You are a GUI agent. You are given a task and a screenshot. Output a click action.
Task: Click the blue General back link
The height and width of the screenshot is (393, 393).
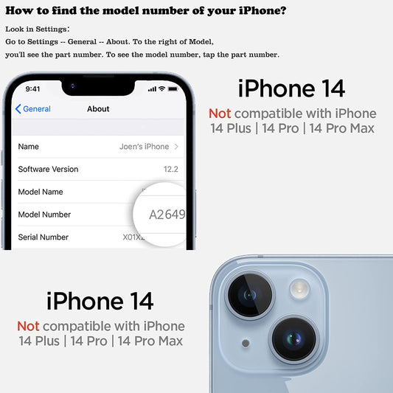tap(33, 109)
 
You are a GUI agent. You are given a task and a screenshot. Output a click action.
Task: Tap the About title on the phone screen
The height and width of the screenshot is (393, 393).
tap(98, 109)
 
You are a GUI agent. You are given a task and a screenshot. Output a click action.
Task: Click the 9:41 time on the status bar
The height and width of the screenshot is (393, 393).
tap(32, 89)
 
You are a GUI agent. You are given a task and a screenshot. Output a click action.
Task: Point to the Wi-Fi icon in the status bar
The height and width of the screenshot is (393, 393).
tap(162, 88)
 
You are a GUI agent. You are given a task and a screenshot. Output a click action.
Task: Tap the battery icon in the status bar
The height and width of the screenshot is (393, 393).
tap(173, 89)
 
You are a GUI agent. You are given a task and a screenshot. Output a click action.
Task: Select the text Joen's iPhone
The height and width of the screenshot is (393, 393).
tap(144, 147)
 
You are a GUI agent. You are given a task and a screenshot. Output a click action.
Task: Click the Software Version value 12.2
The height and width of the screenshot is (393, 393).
tap(171, 169)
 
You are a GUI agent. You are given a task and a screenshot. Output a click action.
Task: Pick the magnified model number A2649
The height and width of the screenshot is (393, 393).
tap(167, 215)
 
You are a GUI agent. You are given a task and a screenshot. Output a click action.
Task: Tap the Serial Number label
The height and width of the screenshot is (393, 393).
tap(43, 237)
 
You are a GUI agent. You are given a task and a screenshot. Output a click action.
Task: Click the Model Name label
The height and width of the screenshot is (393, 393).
tap(41, 192)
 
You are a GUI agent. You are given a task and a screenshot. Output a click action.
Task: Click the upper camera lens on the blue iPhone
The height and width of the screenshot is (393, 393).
tap(250, 296)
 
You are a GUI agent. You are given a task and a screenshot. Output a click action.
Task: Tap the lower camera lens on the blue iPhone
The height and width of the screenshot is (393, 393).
tap(293, 339)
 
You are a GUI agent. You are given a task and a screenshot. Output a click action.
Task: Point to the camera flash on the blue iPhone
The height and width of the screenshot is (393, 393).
tap(299, 289)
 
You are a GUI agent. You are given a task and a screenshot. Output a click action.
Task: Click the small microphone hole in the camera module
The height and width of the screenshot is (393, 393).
tap(246, 343)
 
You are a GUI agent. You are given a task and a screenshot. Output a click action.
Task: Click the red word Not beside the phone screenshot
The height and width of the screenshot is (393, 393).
tap(220, 114)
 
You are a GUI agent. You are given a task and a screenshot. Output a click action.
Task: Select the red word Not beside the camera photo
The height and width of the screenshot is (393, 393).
tap(28, 327)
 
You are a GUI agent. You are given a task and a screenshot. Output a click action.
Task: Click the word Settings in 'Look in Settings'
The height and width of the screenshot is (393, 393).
tap(52, 29)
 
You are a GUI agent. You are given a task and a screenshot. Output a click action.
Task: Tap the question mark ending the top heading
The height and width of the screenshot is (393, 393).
tap(283, 10)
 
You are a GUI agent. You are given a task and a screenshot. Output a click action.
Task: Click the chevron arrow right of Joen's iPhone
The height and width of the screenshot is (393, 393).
tap(176, 147)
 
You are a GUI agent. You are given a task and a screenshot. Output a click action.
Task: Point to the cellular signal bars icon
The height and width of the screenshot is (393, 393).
tap(152, 89)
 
